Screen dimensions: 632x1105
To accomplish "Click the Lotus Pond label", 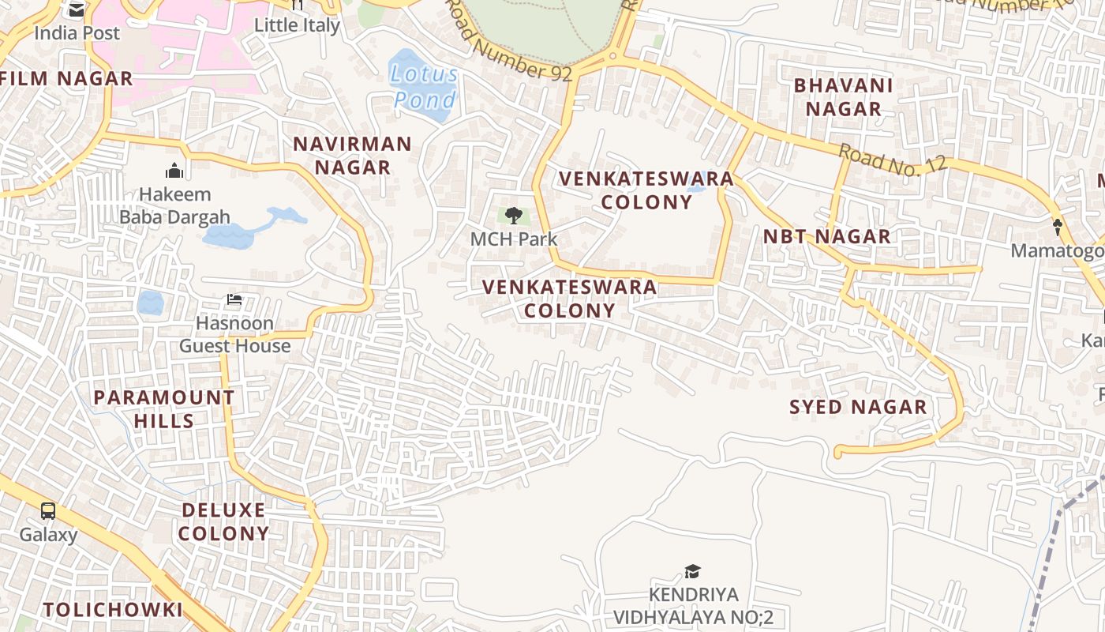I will (425, 87).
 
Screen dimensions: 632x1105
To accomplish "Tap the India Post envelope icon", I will (77, 10).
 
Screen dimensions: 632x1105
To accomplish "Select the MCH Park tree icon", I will (513, 215).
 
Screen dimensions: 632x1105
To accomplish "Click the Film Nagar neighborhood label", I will (66, 79).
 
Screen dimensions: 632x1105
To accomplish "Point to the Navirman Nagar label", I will (352, 156).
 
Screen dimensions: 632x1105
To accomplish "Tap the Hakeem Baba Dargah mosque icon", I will (174, 171).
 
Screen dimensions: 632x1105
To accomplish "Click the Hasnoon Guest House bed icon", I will (234, 300).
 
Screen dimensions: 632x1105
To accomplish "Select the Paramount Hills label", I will (164, 408).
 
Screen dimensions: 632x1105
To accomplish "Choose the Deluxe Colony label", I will (223, 521).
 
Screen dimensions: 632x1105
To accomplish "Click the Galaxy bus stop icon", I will (48, 511).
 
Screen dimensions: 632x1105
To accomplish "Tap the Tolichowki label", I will (113, 610).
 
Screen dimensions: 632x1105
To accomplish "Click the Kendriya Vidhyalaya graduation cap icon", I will (692, 571).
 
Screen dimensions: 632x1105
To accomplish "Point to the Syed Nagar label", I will (858, 408).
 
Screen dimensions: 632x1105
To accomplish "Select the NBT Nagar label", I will (826, 236).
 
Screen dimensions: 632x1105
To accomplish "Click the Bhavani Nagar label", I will (843, 96).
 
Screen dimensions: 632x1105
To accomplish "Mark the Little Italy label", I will (297, 25).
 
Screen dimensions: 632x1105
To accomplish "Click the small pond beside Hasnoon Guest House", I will (150, 303).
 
